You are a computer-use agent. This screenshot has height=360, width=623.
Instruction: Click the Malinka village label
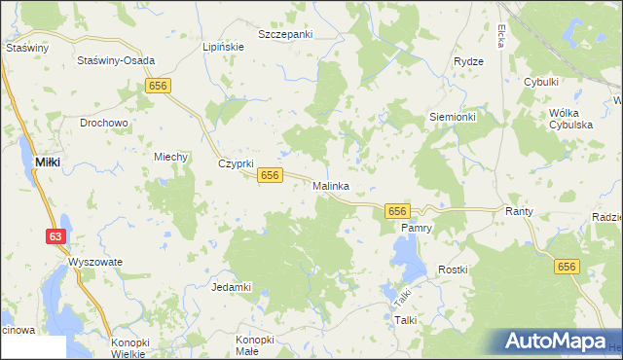[331, 185]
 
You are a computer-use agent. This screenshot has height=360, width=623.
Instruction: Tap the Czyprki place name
[235, 163]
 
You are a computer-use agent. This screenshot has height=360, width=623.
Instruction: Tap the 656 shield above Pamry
[396, 211]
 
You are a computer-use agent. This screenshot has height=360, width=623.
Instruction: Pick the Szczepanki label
[285, 34]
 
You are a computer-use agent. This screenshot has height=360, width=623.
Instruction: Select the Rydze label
[468, 61]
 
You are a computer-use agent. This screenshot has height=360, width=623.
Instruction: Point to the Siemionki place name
[453, 116]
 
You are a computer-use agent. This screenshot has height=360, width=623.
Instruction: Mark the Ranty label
[516, 210]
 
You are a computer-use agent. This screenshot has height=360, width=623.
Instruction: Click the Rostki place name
[453, 269]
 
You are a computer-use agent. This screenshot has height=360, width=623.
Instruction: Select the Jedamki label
[232, 287]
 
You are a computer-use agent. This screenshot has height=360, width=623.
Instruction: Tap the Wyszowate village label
[94, 263]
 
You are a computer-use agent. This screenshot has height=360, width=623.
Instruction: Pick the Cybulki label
[540, 84]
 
